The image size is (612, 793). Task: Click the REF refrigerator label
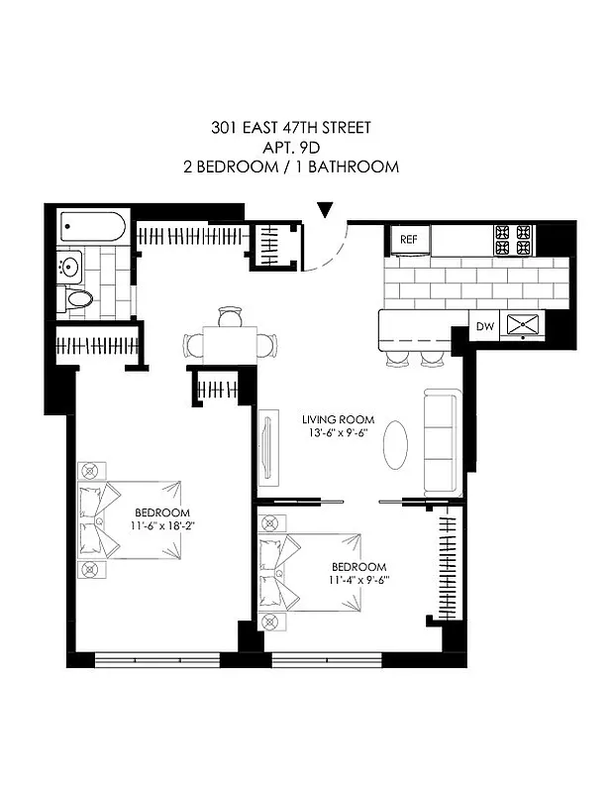pos(408,240)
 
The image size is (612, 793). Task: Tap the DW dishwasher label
pos(485,324)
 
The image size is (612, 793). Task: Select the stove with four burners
pos(513,239)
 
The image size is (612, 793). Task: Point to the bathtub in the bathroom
pos(92,227)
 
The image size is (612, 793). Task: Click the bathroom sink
pos(68,267)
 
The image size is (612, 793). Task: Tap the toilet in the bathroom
pos(77,298)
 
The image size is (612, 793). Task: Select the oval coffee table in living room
pos(394,446)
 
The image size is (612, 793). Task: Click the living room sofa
pos(443,442)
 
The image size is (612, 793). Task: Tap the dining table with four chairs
pos(230,342)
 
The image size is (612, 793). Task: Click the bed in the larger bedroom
pos(129,520)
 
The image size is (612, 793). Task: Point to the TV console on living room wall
pos(265,448)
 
